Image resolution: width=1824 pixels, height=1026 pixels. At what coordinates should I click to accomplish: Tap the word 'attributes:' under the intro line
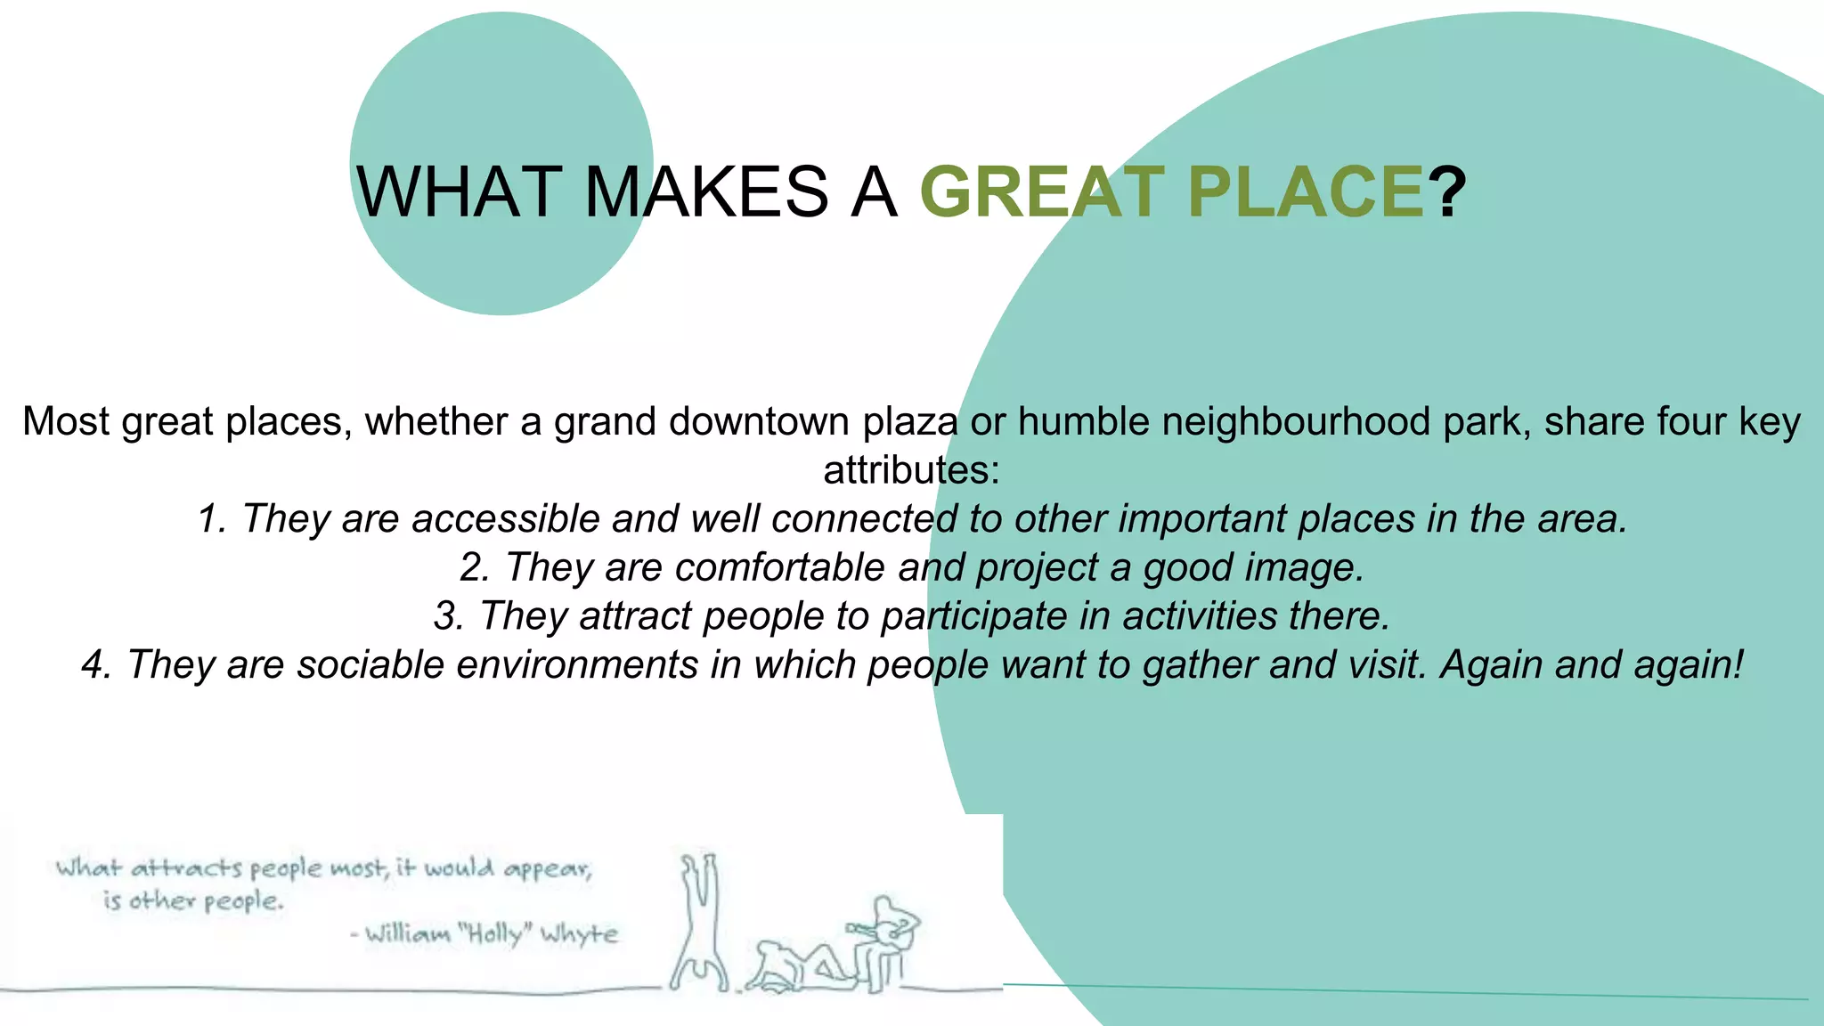[911, 470]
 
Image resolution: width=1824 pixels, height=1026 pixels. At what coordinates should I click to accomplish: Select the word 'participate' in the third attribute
[973, 616]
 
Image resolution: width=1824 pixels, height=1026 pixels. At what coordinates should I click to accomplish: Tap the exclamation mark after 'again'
[1737, 664]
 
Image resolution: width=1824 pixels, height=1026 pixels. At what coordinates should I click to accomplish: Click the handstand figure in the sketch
[699, 922]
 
